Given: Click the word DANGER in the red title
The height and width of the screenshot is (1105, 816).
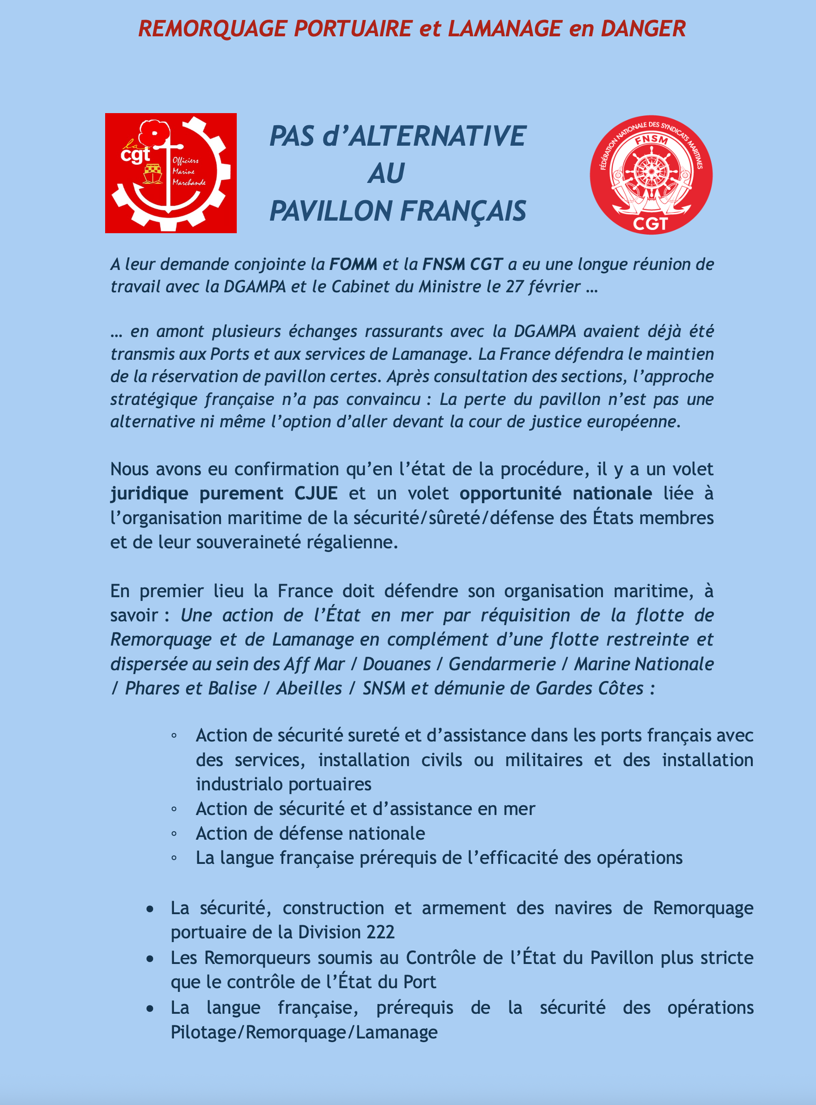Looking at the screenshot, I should point(643,29).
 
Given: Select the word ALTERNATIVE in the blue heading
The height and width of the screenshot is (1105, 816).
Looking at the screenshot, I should point(437,136).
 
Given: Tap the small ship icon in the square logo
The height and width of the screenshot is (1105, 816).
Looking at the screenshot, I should point(153,174).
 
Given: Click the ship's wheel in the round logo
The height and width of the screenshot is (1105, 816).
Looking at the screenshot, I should point(651,171).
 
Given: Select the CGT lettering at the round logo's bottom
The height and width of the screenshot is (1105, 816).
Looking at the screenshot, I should point(650,224).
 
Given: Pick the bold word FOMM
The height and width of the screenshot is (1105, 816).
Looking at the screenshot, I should point(353,264).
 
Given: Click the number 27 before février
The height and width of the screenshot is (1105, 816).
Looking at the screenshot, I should point(514,287).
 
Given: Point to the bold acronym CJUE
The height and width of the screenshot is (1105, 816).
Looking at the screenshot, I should point(316,493).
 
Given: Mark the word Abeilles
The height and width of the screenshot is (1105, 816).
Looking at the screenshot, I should point(309,688).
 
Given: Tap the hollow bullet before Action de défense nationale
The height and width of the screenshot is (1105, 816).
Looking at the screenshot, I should point(174,834).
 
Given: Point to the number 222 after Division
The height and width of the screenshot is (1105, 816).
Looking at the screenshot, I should point(381,932).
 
